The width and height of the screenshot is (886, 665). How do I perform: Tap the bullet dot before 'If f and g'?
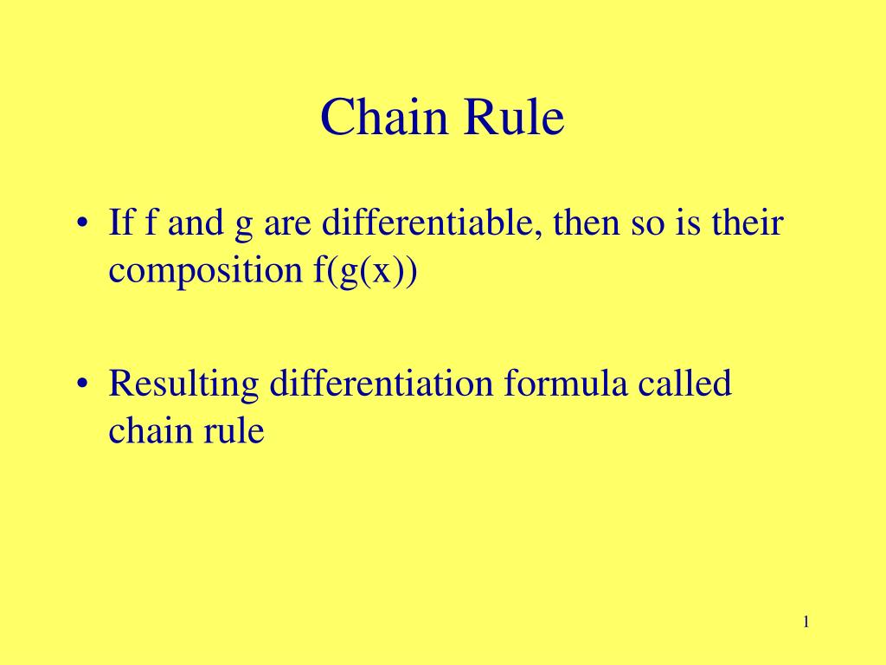[82, 224]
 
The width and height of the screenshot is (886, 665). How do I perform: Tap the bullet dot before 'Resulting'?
[82, 384]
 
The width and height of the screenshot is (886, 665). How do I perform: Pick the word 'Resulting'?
[183, 384]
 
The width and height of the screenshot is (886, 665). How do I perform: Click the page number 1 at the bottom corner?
[806, 622]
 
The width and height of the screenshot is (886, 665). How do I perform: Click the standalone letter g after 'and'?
[243, 227]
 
